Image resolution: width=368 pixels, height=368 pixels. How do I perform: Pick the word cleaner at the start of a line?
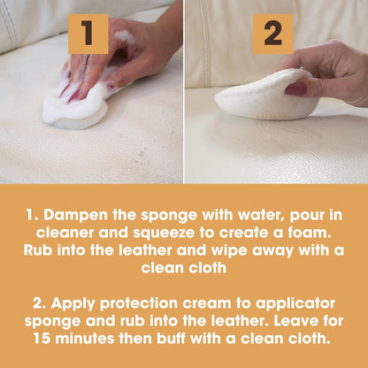point(57,233)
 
